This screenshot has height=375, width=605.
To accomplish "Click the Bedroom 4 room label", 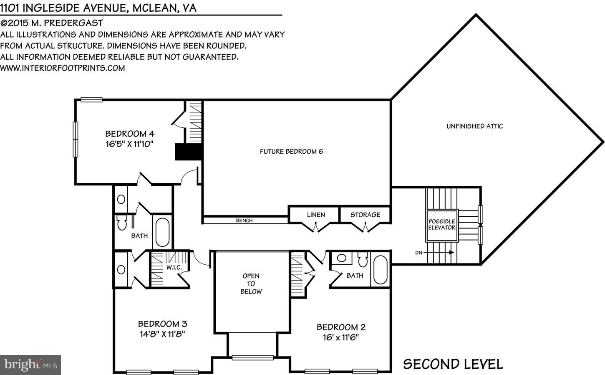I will tap(130, 134).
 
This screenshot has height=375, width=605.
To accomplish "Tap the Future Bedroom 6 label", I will tap(291, 152).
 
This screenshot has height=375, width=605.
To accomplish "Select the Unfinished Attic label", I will tap(474, 126).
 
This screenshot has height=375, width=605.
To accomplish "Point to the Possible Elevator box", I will tap(441, 225).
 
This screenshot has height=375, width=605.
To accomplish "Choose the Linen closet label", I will tap(316, 215).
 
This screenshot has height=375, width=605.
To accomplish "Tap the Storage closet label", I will tap(365, 215).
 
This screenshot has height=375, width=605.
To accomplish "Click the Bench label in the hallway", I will tap(244, 220).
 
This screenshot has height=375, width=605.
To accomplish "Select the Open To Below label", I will tap(251, 284).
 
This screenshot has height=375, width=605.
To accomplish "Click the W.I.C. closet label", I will tap(174, 267).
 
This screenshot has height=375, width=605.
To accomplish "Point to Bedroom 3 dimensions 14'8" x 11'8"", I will tap(162, 334).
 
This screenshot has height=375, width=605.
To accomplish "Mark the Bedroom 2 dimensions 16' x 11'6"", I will tap(341, 337).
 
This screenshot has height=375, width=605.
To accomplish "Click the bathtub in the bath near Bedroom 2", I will tap(381, 270).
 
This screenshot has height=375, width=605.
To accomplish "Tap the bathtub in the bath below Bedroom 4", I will tap(162, 232).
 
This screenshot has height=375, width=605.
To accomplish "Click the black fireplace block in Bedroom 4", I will tap(189, 152).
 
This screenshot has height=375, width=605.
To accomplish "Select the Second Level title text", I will tap(453, 364).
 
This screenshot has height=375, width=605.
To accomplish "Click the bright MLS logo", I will tap(30, 365).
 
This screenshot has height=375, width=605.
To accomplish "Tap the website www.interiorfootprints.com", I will tap(63, 68).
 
